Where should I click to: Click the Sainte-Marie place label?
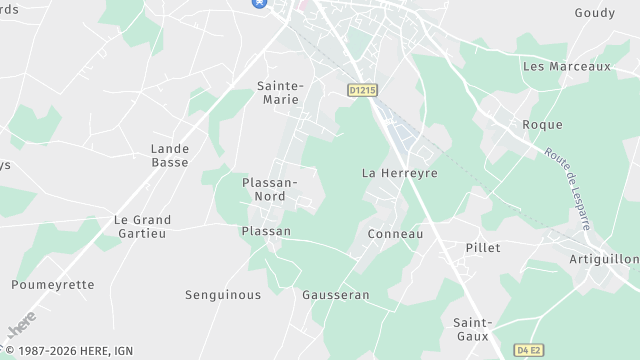280,93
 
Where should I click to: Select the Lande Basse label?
170,155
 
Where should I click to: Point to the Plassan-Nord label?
270,189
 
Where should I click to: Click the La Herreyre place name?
400,173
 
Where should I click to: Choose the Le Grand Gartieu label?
142,226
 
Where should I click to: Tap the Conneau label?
396,234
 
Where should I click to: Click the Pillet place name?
483,247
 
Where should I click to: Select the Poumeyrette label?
53,285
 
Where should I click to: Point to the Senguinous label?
223,295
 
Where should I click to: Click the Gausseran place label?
336,295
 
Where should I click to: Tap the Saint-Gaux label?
471,329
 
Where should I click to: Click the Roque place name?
543,125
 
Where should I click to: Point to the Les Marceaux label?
567,66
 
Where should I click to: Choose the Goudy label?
595,13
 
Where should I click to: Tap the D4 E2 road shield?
531,350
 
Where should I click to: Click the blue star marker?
259,3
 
